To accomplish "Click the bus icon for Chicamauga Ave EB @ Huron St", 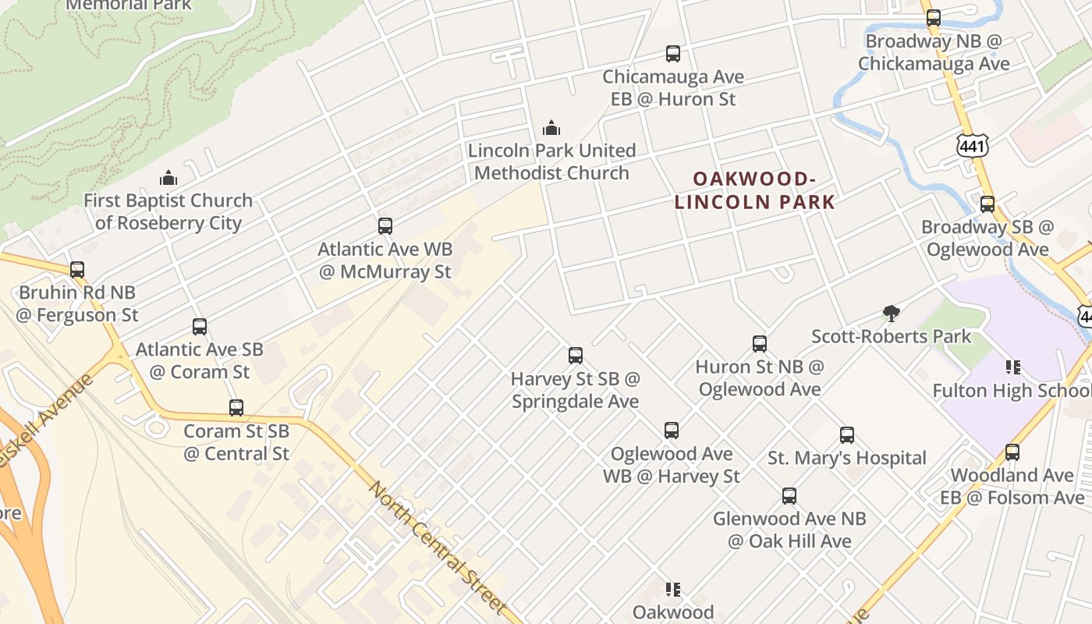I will point(673,54).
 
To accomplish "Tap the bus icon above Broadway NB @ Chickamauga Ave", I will point(933,17).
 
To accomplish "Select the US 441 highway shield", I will point(973,144).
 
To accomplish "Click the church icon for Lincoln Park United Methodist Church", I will point(551,128).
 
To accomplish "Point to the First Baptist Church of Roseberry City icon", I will point(168,178).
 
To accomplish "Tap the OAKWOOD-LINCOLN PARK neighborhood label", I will point(754,191).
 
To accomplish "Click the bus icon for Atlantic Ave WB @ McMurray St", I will point(385,226).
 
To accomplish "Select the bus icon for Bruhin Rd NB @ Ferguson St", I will point(77,270).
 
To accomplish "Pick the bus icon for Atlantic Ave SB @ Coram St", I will point(200,327).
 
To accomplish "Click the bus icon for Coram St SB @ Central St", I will point(236,408).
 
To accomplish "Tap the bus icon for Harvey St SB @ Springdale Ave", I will point(576,356).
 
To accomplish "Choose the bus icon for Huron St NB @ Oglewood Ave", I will point(760,344).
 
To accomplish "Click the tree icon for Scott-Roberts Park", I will point(891,314).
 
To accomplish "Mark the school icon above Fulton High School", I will point(1012,367).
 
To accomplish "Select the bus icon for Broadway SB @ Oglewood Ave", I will point(987,204).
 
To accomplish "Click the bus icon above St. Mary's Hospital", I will point(847,435).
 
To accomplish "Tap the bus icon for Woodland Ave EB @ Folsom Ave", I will point(1012,452).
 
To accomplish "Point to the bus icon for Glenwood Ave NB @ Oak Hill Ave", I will point(789,496).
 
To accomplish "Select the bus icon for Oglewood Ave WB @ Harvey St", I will point(672,431).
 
